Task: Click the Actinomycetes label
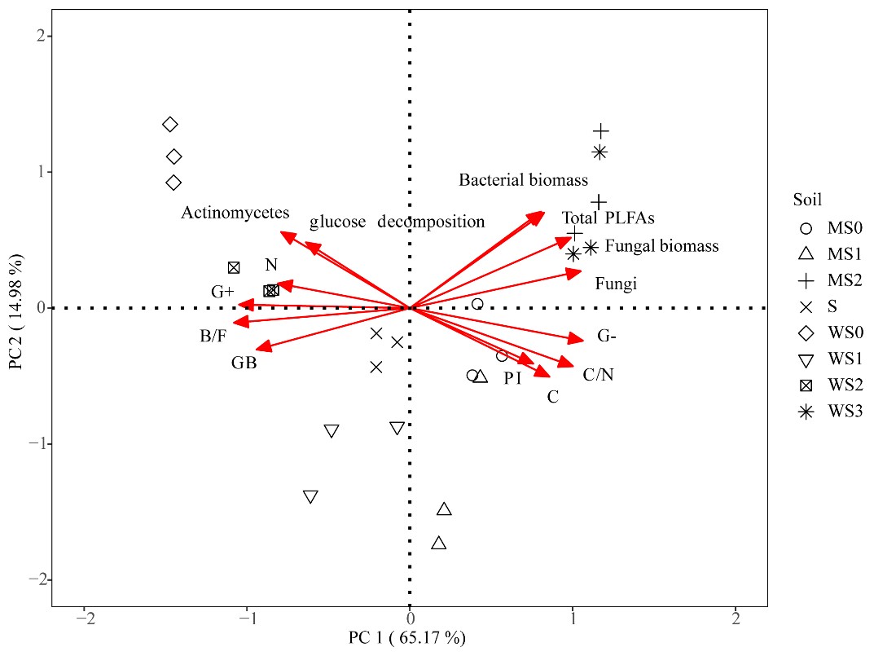pyautogui.click(x=235, y=213)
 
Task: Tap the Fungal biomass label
pyautogui.click(x=661, y=246)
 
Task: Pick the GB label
pyautogui.click(x=244, y=363)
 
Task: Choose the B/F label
pyautogui.click(x=213, y=336)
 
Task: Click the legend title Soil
pyautogui.click(x=807, y=200)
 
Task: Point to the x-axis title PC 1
pyautogui.click(x=408, y=637)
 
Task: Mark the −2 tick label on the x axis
pyautogui.click(x=84, y=619)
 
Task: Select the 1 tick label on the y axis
pyautogui.click(x=37, y=172)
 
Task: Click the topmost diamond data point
pyautogui.click(x=169, y=125)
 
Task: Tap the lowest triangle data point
pyautogui.click(x=439, y=543)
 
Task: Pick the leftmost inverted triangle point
pyautogui.click(x=310, y=496)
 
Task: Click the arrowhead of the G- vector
pyautogui.click(x=583, y=341)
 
